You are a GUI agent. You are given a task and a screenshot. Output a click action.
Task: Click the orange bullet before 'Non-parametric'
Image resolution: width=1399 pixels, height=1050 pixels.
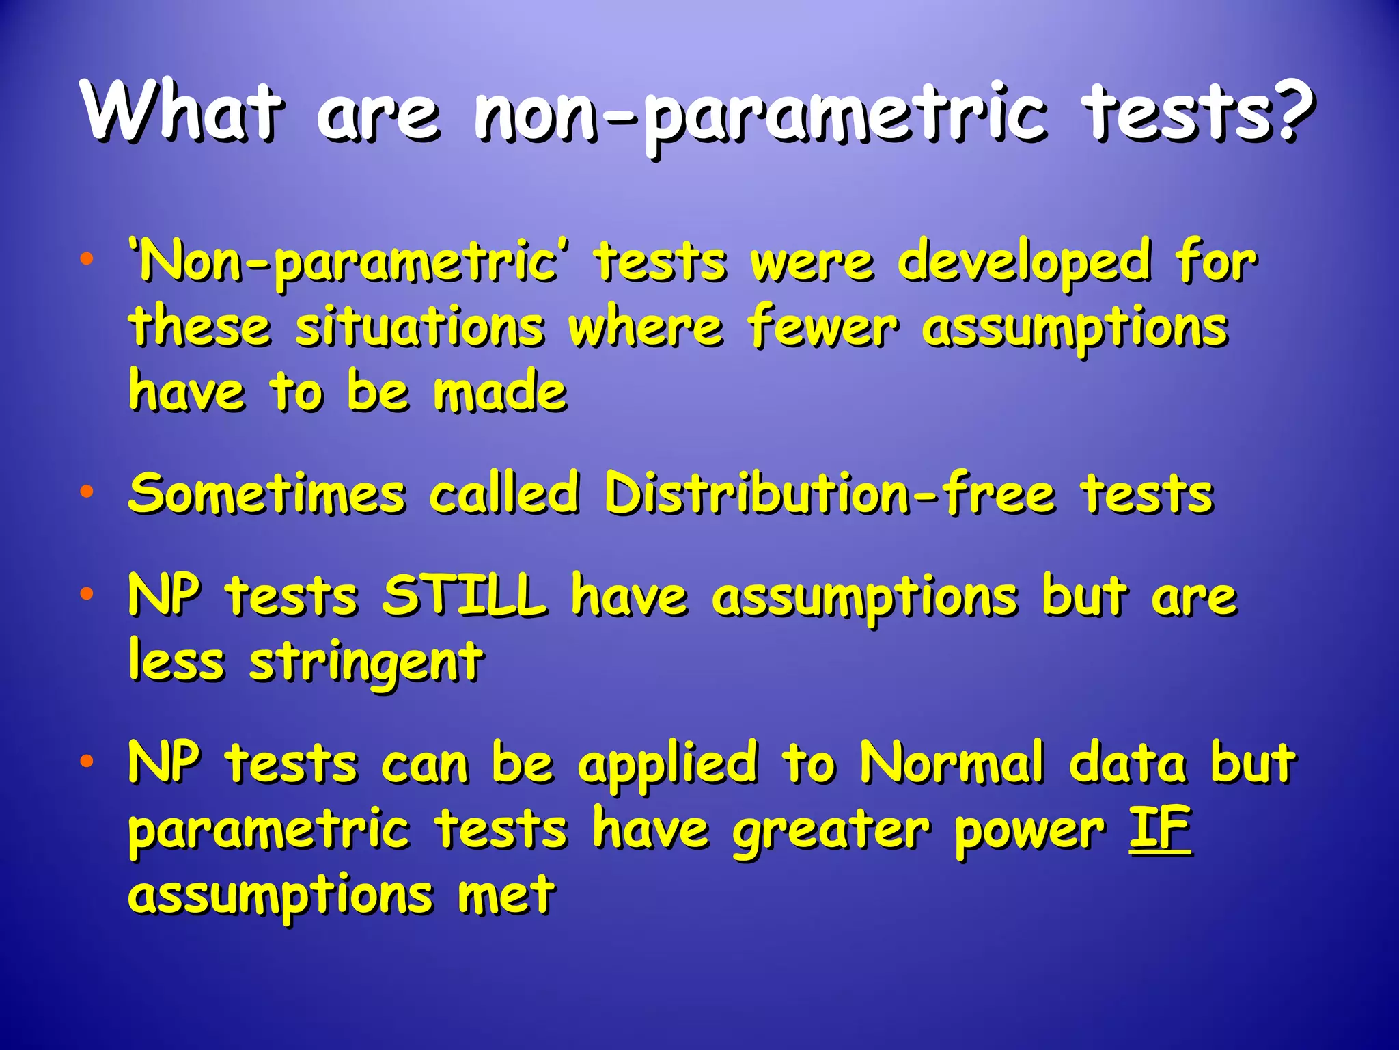click(86, 260)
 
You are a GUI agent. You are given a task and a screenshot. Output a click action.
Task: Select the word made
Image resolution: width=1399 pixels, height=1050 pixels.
click(500, 392)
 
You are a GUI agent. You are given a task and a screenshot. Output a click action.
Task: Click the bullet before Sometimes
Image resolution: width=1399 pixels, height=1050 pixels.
click(86, 492)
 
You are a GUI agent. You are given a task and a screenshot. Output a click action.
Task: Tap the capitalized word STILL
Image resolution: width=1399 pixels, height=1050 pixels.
click(465, 595)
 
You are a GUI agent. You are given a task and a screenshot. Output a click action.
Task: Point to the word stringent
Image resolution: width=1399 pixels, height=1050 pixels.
click(367, 662)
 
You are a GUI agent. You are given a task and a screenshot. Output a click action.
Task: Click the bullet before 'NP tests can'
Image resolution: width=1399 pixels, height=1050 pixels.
click(86, 761)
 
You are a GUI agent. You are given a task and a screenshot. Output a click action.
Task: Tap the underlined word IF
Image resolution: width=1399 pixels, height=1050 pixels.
click(1159, 829)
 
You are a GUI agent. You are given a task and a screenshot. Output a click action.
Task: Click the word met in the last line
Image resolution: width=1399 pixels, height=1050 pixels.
click(506, 894)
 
